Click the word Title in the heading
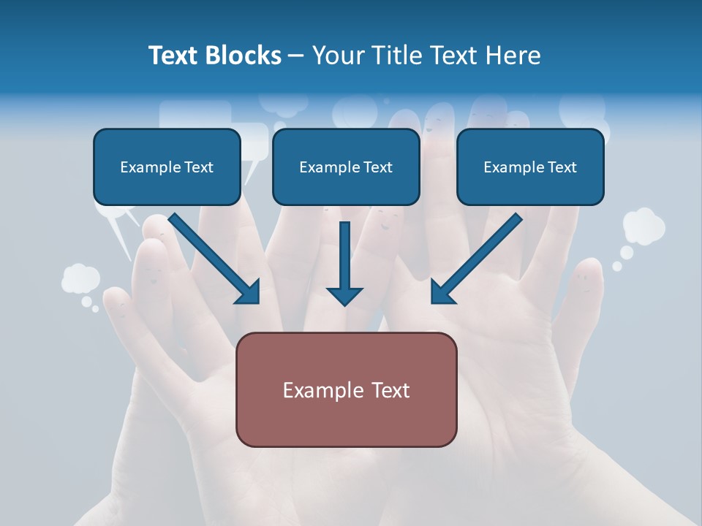(x=393, y=56)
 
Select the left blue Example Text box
(x=167, y=167)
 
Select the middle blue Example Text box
(x=346, y=167)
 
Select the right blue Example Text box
(x=530, y=167)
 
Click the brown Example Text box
(x=346, y=389)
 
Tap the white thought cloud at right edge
(x=643, y=226)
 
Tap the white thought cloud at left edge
(x=80, y=278)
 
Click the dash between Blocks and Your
(x=296, y=56)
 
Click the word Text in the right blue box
(x=562, y=167)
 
